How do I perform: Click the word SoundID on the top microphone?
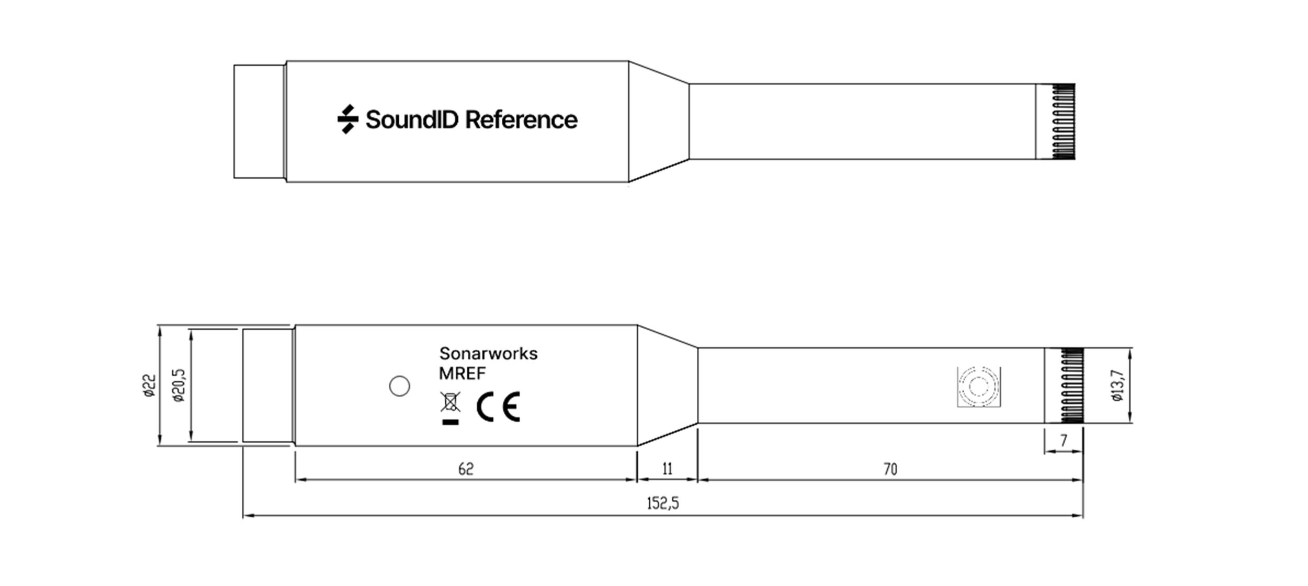pyautogui.click(x=412, y=120)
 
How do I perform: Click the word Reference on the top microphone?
pyautogui.click(x=521, y=120)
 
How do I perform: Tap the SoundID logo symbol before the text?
pyautogui.click(x=348, y=119)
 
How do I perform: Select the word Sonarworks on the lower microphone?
pyautogui.click(x=488, y=354)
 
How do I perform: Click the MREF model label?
pyautogui.click(x=463, y=373)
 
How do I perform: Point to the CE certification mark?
pyautogui.click(x=499, y=407)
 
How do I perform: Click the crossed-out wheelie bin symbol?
pyautogui.click(x=450, y=408)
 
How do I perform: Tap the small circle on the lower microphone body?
pyautogui.click(x=400, y=386)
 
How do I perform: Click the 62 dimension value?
pyautogui.click(x=466, y=469)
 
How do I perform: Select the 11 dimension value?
pyautogui.click(x=667, y=469)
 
